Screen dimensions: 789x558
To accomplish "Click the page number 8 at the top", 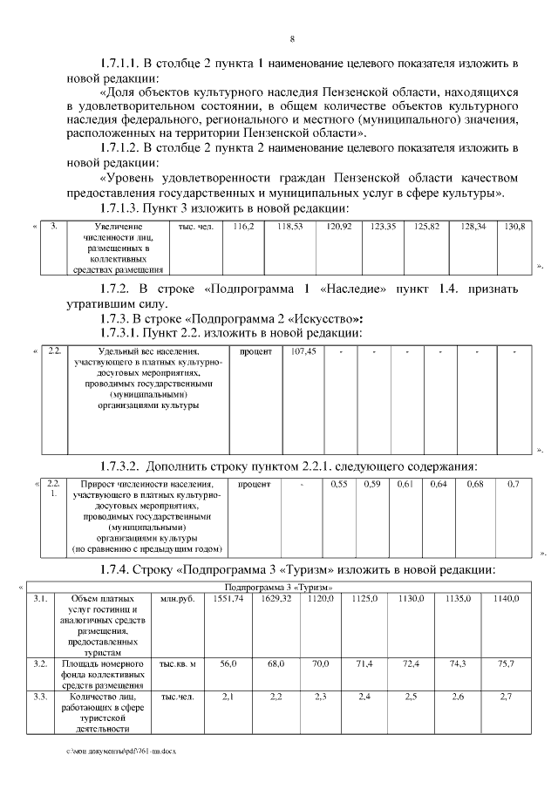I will pos(292,39).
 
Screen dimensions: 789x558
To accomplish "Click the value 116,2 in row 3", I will pos(242,227).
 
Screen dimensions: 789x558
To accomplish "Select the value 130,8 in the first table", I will pos(515,227).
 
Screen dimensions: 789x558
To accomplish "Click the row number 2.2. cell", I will pos(54,351).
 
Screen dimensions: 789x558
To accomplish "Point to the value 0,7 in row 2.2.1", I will pos(513,483).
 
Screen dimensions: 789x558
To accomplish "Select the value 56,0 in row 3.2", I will pos(228,664).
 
